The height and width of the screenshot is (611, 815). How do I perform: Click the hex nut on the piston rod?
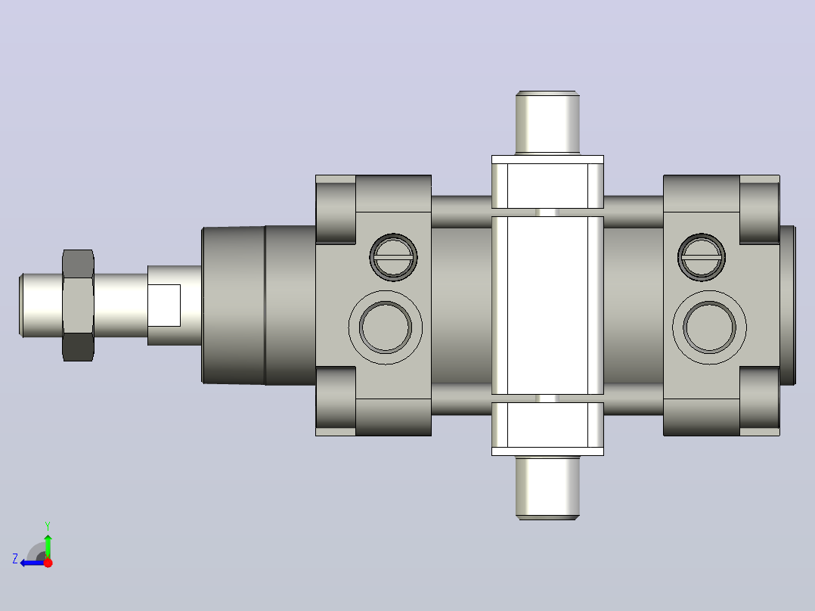(78, 305)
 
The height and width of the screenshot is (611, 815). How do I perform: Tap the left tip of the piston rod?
(19, 305)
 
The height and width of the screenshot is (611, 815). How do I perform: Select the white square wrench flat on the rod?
(164, 305)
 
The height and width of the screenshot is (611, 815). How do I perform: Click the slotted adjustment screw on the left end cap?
(393, 257)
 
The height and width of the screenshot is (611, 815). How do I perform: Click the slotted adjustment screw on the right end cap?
(702, 257)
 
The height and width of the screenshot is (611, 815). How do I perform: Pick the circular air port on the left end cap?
(385, 327)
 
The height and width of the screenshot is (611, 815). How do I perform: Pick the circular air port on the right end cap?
(709, 327)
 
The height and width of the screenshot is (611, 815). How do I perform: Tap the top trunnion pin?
(547, 123)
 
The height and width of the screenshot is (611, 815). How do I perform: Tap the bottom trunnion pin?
(547, 488)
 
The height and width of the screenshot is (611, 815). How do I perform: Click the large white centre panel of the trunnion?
(547, 305)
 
